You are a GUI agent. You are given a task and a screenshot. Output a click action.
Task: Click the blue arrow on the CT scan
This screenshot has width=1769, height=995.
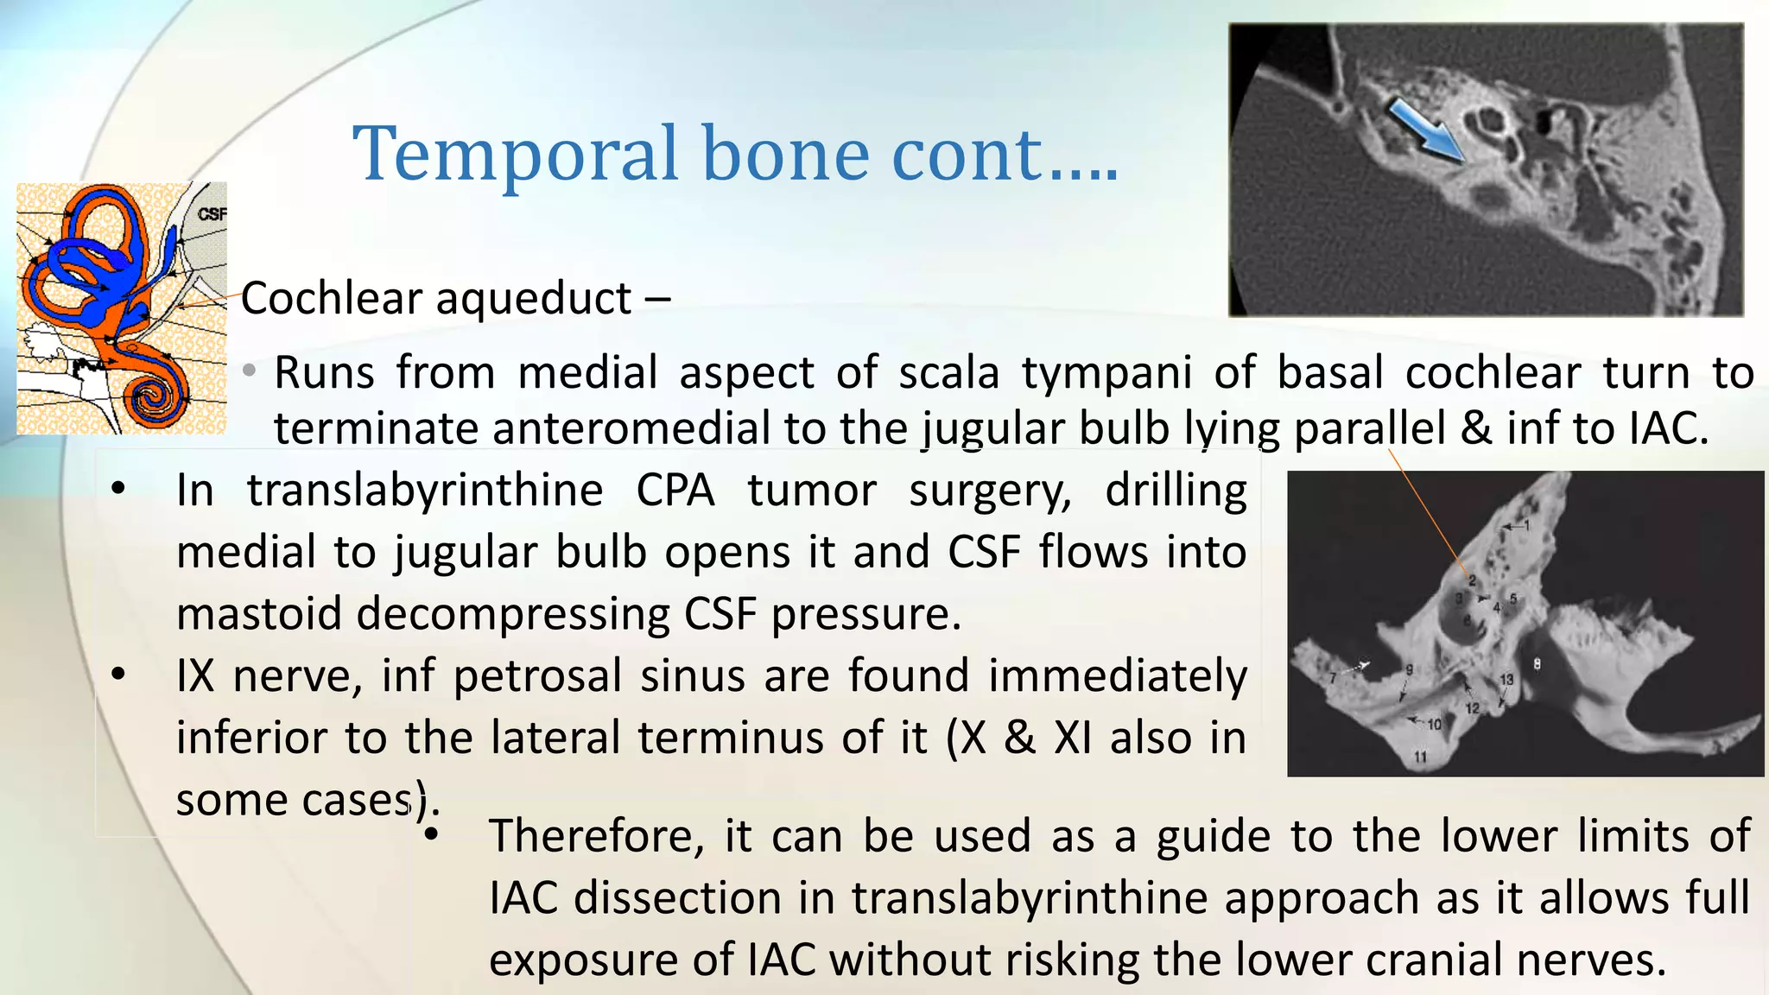(1425, 130)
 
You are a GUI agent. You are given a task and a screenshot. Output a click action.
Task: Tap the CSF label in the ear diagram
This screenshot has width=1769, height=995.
(211, 213)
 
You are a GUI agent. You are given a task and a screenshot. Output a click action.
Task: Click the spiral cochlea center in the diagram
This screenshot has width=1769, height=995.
(159, 398)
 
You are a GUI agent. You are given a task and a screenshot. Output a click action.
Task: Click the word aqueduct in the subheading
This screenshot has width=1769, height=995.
(534, 299)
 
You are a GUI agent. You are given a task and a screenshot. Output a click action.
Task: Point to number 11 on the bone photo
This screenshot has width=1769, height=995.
(1420, 757)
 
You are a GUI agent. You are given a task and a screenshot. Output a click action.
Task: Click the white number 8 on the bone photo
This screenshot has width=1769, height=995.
(1537, 664)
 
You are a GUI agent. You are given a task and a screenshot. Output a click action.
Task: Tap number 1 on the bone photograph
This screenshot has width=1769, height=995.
(1526, 525)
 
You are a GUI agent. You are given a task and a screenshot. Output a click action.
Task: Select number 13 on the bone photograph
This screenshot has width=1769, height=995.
(1506, 680)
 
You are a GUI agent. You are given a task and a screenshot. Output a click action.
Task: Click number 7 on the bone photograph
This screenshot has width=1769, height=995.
(1333, 679)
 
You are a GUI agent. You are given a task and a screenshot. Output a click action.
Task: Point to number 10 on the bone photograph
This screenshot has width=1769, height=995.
(1434, 725)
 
